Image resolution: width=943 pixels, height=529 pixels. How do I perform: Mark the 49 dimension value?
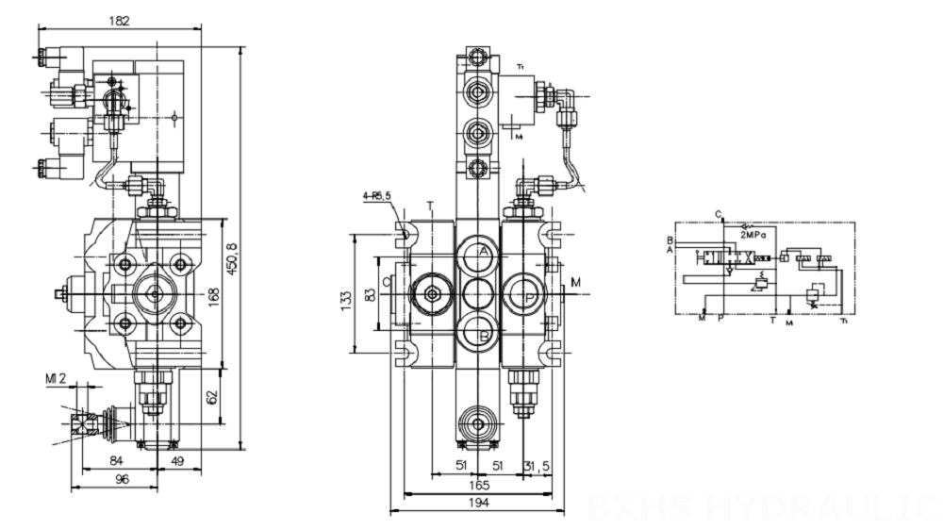(x=176, y=460)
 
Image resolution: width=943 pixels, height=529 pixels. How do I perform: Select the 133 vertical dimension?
(x=345, y=299)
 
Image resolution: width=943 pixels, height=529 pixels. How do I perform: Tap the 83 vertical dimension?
(x=369, y=295)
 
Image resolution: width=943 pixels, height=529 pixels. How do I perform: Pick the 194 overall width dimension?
(x=479, y=504)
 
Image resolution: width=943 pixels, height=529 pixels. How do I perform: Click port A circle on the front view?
(x=479, y=253)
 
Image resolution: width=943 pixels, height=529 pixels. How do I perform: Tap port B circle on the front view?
(x=479, y=335)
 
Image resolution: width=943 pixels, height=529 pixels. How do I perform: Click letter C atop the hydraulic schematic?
(x=719, y=214)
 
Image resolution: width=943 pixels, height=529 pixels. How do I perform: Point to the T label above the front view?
(x=430, y=205)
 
